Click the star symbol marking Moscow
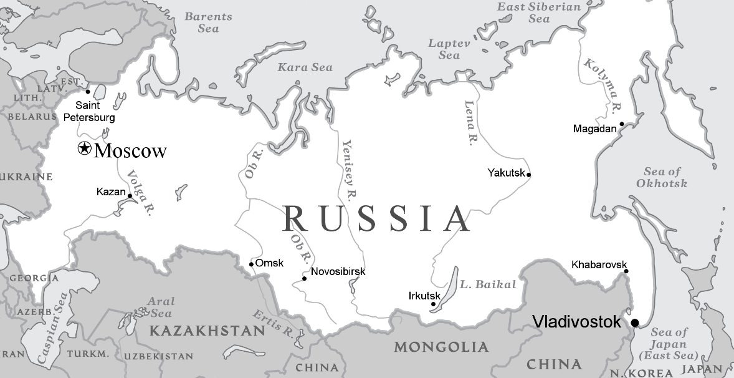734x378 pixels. (x=84, y=149)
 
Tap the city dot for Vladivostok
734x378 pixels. (x=635, y=322)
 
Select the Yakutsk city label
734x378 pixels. (x=507, y=173)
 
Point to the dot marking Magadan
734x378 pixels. (x=621, y=125)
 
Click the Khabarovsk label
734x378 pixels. (x=599, y=265)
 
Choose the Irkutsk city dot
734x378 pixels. (x=433, y=304)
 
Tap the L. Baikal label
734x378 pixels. (x=488, y=285)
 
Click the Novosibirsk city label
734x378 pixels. (x=338, y=271)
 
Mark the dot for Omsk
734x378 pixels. (x=251, y=264)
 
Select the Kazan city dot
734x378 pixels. (x=130, y=196)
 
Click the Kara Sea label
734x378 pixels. (x=305, y=67)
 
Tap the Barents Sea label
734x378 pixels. (x=208, y=22)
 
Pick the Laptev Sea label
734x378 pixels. (x=449, y=49)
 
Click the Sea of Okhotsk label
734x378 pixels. (x=662, y=177)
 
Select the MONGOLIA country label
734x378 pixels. (x=441, y=347)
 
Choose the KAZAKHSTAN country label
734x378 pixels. (x=207, y=331)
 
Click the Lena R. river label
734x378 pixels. (x=472, y=123)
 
